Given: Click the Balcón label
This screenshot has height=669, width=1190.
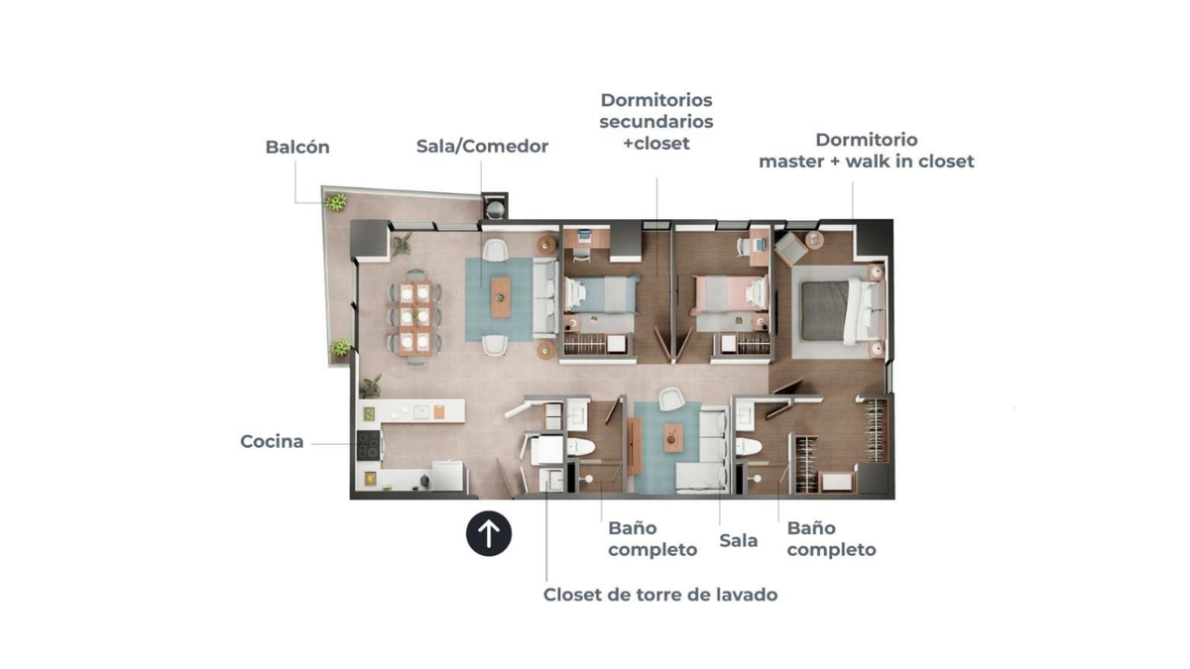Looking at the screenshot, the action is click(297, 147).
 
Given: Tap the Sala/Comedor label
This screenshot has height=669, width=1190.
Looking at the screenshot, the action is click(482, 146).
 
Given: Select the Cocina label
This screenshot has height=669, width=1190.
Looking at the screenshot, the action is click(272, 441).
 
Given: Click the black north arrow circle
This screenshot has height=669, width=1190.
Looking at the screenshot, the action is click(489, 533).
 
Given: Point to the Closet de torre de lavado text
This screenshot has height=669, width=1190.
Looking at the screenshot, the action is click(660, 595).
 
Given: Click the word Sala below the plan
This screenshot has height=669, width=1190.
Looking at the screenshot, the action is click(739, 540).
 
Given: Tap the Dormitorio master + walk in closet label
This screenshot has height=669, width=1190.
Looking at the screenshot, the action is click(867, 151).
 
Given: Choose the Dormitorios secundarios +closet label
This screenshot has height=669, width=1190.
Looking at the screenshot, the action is click(656, 122).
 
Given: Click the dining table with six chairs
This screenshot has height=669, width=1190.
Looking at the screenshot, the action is click(416, 318).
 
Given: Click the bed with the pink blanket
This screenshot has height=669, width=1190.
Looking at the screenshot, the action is click(732, 292).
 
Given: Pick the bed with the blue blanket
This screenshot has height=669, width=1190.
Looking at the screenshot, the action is click(601, 293).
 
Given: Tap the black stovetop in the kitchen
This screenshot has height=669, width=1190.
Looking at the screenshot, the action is click(369, 445).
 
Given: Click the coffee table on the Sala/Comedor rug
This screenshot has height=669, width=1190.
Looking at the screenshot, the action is click(501, 297).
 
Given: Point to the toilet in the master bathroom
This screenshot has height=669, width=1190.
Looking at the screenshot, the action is click(749, 447).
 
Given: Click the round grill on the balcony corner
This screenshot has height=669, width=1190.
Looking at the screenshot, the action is click(496, 208).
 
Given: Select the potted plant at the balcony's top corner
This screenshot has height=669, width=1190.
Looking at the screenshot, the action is click(336, 202).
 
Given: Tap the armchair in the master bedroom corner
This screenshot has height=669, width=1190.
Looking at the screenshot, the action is click(791, 249).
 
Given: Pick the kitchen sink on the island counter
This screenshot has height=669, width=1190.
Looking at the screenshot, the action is click(421, 412).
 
